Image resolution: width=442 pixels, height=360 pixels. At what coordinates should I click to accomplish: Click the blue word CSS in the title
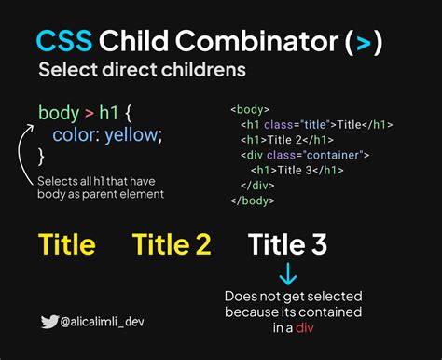coord(64,41)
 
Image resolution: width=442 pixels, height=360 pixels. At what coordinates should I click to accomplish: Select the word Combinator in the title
coord(263,41)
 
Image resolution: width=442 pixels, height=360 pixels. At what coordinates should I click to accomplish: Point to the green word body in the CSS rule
coord(58,114)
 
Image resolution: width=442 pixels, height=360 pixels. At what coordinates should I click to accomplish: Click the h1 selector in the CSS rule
coord(110,114)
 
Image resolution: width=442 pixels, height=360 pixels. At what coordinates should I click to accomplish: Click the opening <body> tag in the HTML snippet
coord(250,109)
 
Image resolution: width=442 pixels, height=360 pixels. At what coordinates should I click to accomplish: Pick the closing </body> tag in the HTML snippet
coord(252,200)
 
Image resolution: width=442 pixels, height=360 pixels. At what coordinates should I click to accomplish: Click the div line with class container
coord(306,155)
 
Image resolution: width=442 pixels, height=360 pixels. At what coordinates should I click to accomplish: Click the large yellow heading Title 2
coord(172,244)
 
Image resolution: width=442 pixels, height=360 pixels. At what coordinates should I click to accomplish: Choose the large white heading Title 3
coord(288,244)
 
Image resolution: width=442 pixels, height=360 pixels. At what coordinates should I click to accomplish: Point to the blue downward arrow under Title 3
coord(288,274)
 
